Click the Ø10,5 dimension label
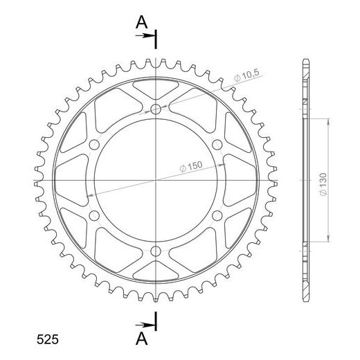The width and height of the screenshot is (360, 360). point(246,75)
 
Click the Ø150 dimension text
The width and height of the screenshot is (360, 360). point(191,166)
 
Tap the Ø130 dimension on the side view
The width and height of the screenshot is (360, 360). point(323,184)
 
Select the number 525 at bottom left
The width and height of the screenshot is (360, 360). point(48,339)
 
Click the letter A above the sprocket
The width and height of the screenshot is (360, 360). point(141,23)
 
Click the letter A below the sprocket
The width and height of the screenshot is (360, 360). point(141,339)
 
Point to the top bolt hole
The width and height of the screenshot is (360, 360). point(156,109)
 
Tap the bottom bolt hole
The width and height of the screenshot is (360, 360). point(156,251)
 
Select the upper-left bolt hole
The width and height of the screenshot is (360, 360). point(94,145)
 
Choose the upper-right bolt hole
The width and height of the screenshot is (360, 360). point(217,145)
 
